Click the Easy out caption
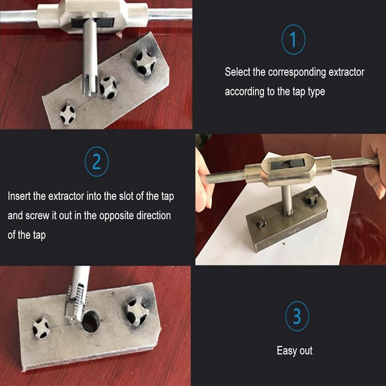coord(294,351)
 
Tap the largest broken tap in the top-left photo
coord(144,62)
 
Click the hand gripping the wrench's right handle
coord(372,164)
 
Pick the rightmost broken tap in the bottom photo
coord(137,311)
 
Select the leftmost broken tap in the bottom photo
coord(41,328)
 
